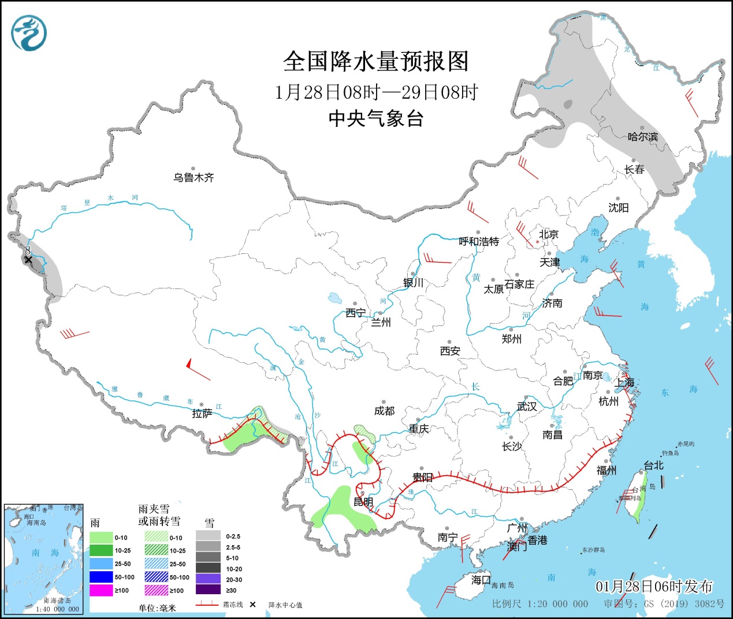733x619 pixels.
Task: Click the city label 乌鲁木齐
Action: point(194,178)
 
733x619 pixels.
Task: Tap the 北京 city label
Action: point(548,234)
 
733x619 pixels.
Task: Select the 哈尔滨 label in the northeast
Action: point(642,137)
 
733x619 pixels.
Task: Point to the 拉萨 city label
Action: point(202,414)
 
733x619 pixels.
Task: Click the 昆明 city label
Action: point(363,502)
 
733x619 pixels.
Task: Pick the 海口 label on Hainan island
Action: point(481,579)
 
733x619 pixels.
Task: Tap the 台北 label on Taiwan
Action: point(653,465)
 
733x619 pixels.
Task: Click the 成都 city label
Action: point(384,411)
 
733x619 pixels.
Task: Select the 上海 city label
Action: point(624,382)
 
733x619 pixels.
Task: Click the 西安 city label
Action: point(450,351)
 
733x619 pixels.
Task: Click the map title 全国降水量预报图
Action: point(375,61)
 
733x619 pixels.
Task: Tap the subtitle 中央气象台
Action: point(376,118)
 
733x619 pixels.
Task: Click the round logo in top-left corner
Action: point(28,32)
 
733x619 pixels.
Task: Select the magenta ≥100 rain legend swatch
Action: point(101,590)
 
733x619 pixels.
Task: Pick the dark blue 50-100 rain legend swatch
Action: point(101,577)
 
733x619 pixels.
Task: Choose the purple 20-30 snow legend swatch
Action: point(208,579)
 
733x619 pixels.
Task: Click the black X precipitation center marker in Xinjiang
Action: point(28,260)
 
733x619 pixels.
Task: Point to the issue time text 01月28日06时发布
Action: point(654,587)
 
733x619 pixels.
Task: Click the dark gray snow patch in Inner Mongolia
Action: point(567,104)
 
